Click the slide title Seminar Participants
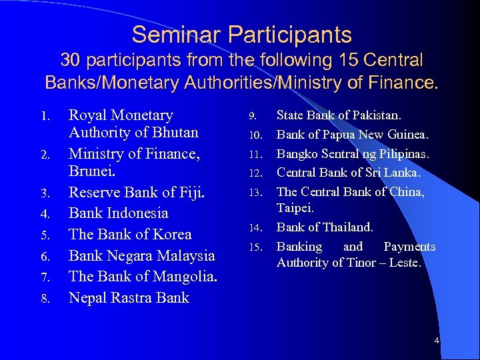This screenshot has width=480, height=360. pos(241,34)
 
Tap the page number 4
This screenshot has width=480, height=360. pos(437,341)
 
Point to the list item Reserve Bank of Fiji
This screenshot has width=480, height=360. pos(137,192)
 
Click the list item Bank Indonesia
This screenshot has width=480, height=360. pos(119,213)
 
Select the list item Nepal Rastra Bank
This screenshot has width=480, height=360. pos(129,298)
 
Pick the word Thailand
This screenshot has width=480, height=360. pos(347,227)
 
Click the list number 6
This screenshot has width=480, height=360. pos(46,256)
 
